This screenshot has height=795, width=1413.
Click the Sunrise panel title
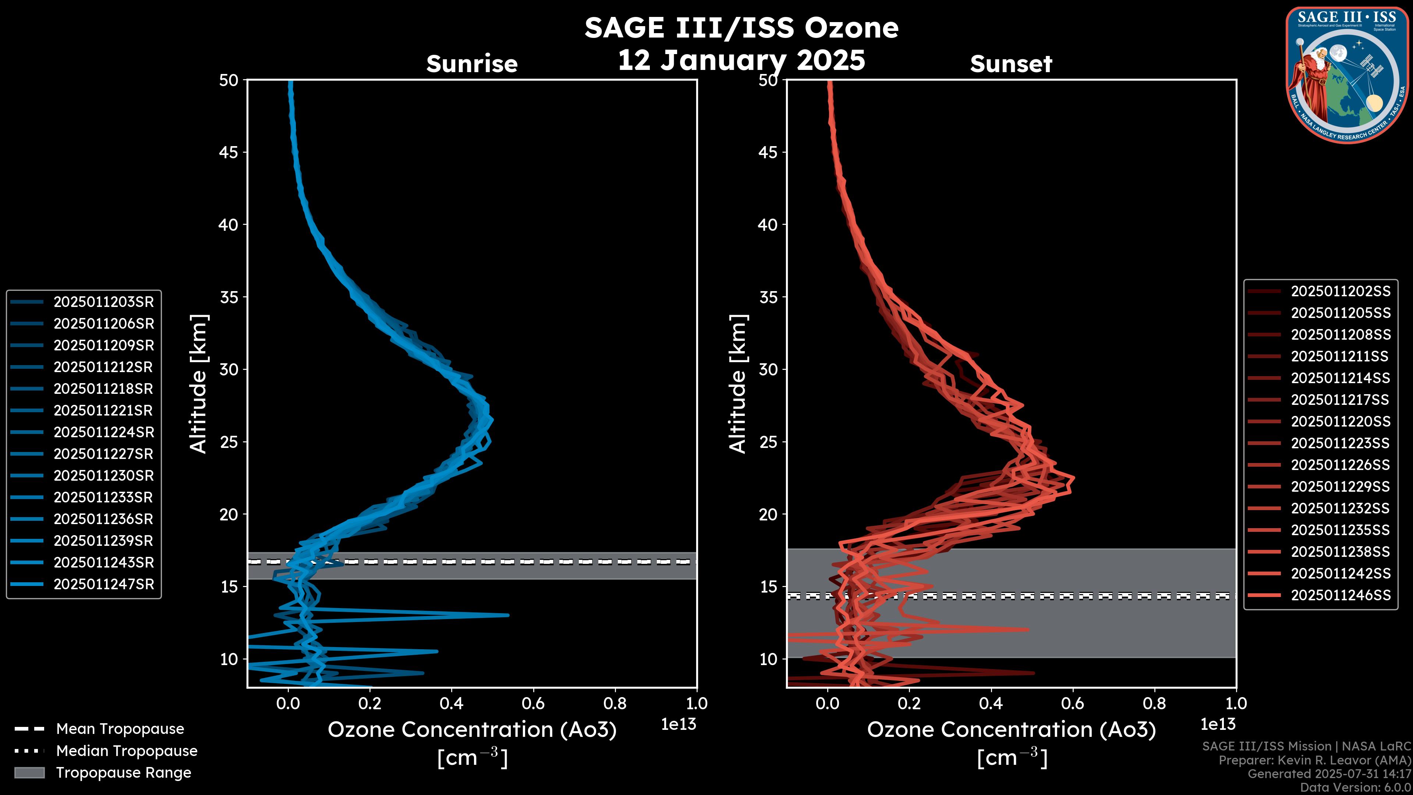coord(472,64)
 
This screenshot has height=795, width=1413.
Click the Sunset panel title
coord(1011,64)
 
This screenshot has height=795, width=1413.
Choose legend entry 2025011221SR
coord(103,410)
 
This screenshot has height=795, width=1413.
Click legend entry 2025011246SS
coord(1341,595)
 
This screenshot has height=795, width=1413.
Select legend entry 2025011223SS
coord(1340,443)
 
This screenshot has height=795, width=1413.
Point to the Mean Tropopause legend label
coord(120,729)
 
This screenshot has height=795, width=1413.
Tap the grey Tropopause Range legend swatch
coord(29,773)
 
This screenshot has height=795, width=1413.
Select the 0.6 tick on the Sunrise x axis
coord(533,703)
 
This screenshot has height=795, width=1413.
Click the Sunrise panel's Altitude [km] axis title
coord(199,384)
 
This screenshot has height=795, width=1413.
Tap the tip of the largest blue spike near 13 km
coord(508,615)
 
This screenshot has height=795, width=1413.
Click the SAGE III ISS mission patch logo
coord(1347,75)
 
